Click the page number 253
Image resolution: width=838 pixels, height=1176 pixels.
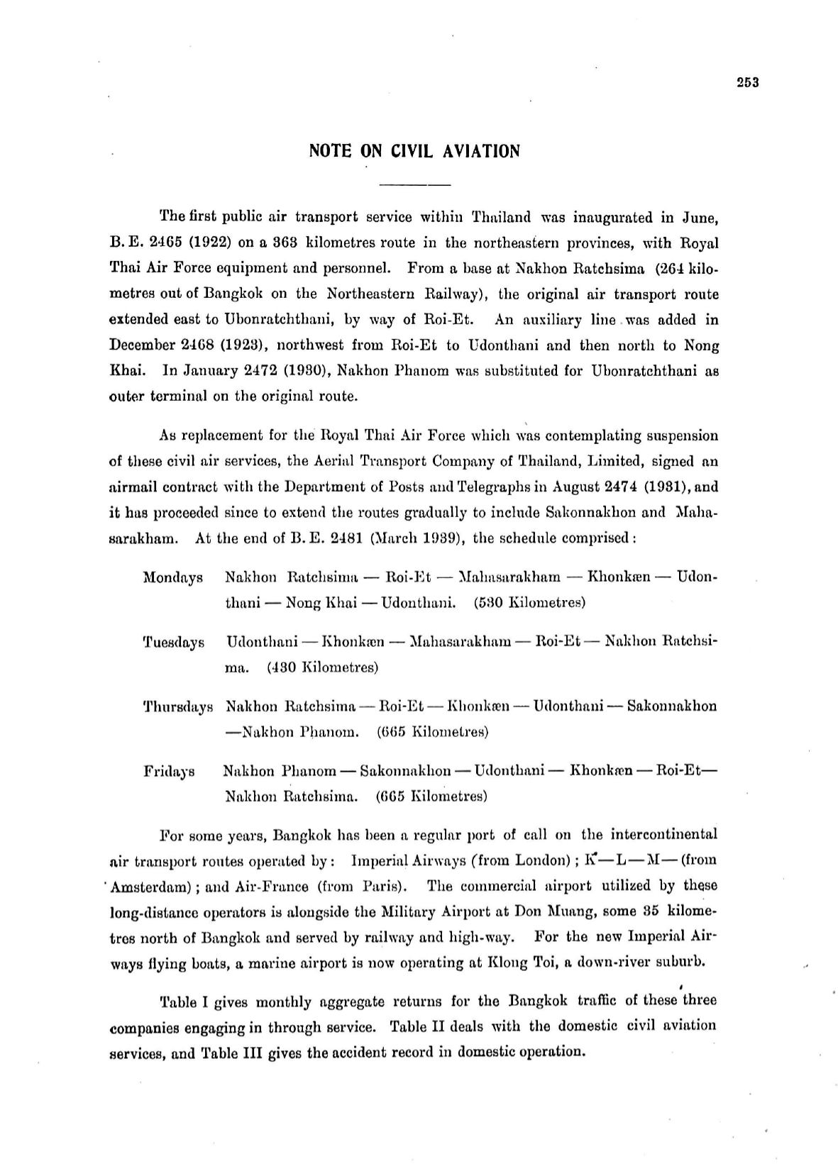(748, 82)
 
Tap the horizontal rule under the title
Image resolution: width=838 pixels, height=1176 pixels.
(415, 185)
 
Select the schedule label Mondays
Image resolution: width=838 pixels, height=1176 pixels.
(173, 577)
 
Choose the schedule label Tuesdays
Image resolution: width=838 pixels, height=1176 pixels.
(174, 643)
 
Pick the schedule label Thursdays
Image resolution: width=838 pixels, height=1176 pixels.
(178, 707)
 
